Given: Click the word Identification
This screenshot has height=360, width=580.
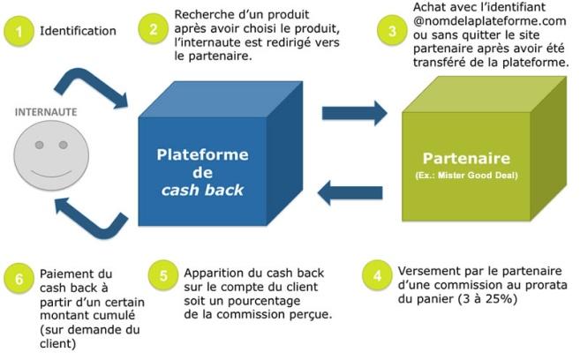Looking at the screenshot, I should [x=78, y=32].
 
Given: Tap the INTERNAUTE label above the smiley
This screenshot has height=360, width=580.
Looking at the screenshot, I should [x=44, y=113].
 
